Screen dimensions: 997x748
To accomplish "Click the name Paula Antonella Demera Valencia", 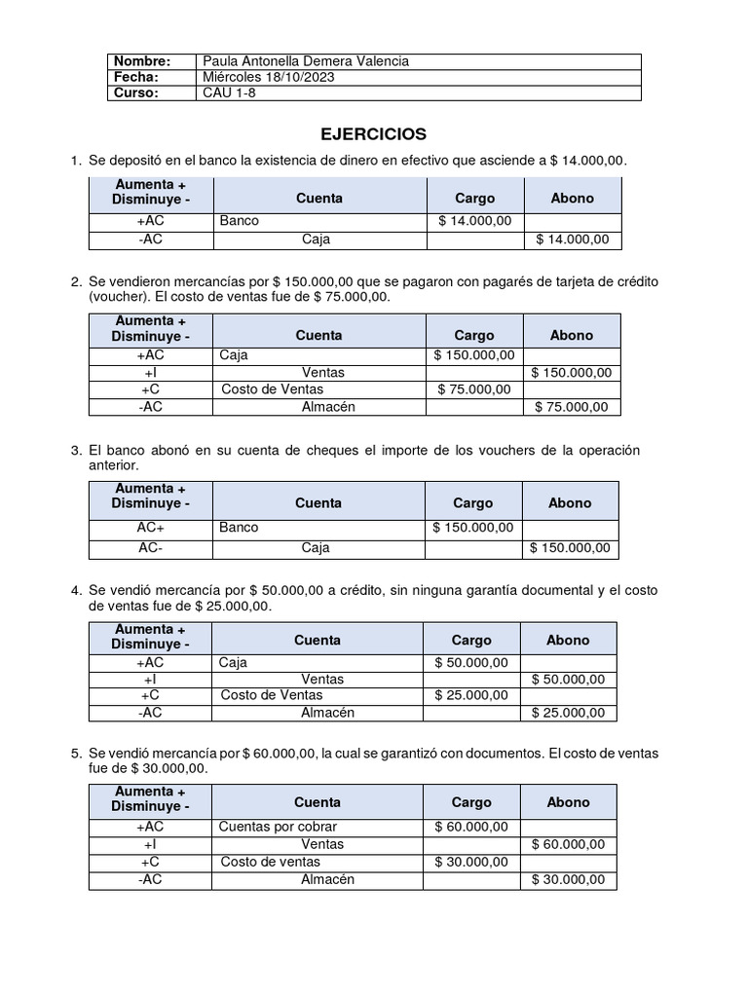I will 305,61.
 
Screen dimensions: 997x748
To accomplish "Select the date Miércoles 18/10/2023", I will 268,77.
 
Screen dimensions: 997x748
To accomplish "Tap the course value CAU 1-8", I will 227,92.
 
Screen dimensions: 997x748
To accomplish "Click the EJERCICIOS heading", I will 374,133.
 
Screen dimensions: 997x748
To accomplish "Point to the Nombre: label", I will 142,61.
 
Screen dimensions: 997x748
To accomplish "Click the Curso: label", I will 137,92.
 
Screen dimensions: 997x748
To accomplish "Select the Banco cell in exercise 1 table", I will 240,221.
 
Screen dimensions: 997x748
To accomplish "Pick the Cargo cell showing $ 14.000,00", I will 475,221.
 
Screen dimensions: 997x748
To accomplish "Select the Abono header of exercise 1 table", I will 572,198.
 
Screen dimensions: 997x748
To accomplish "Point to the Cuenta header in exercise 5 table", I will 318,802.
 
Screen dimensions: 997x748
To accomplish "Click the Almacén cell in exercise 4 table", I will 327,713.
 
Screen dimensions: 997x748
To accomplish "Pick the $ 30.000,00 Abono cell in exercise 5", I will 568,879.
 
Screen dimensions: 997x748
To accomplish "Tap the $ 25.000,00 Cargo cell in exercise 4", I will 471,695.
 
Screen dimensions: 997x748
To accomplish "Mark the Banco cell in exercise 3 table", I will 240,527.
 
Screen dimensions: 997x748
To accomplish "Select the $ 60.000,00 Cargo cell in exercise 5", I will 471,827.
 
